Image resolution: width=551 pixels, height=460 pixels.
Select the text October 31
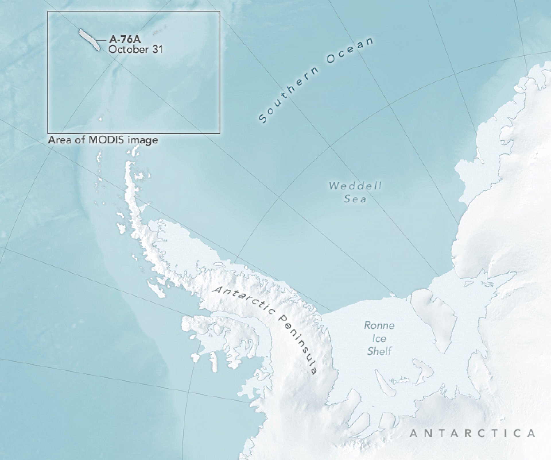[135, 49]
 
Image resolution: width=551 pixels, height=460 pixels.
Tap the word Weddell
[355, 186]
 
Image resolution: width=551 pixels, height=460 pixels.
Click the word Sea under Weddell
[355, 199]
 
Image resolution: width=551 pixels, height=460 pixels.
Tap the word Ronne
[379, 325]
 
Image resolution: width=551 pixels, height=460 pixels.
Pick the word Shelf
[379, 351]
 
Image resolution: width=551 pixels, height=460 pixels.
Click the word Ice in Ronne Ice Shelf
[379, 338]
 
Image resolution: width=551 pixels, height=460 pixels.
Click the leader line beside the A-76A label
[102, 40]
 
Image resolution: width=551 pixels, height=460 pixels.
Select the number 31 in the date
[157, 49]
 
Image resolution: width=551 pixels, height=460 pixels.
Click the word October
[128, 49]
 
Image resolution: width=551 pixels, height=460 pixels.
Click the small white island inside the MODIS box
[101, 118]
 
